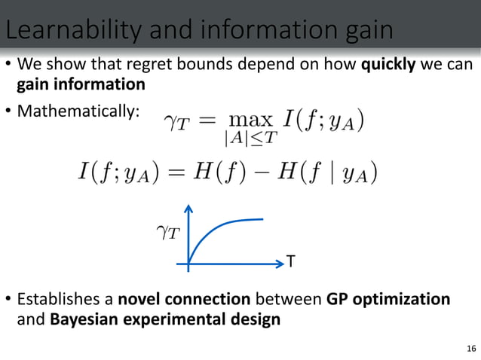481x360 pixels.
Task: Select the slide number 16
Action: point(471,347)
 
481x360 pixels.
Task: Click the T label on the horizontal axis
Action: point(290,262)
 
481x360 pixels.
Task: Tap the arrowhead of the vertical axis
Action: point(188,209)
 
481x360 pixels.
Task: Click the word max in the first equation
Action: point(251,121)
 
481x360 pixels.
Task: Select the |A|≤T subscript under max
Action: point(250,139)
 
